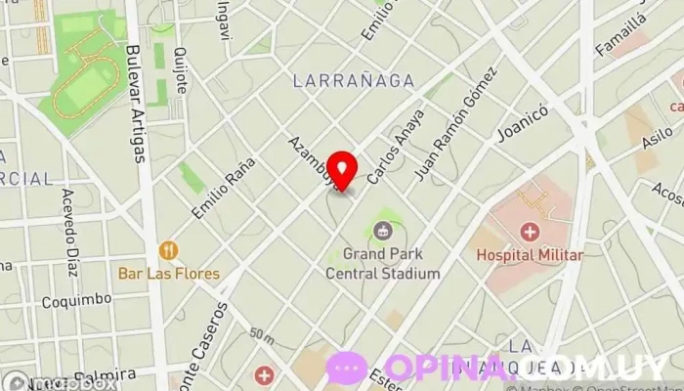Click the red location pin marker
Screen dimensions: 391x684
coord(341,169)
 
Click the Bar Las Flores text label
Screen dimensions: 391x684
coord(170,274)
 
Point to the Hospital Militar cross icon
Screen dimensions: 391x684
coord(530,232)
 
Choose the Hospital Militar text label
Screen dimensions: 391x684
coord(530,255)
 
